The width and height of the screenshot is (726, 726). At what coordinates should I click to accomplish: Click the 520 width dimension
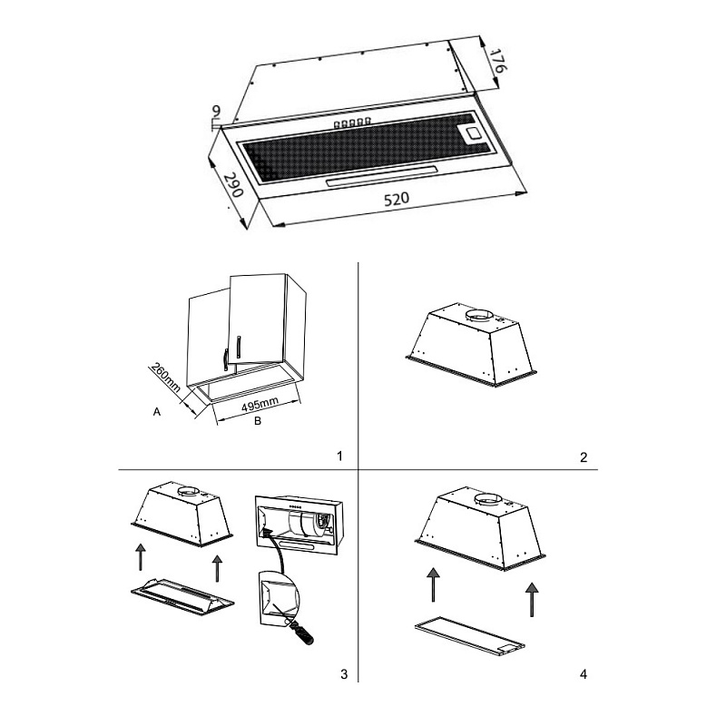click(x=397, y=199)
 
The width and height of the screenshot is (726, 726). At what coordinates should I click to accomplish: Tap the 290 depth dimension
click(x=233, y=185)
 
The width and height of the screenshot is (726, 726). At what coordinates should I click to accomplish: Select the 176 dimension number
click(x=498, y=60)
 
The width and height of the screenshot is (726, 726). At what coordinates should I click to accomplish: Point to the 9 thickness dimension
click(x=216, y=111)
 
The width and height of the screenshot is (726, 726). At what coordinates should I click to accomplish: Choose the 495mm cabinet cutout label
click(x=260, y=406)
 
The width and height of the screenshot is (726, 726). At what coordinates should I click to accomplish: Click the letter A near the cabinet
click(x=157, y=412)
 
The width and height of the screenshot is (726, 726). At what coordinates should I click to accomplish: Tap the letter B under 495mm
click(x=258, y=421)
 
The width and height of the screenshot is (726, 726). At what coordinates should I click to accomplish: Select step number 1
click(x=339, y=456)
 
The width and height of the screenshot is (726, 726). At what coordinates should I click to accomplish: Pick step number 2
click(x=584, y=457)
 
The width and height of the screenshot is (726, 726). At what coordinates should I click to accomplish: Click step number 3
click(x=344, y=674)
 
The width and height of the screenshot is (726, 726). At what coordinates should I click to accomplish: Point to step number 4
click(x=584, y=674)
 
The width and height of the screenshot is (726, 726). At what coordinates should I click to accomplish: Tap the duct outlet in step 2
click(x=479, y=317)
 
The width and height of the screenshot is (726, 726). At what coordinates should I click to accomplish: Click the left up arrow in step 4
click(x=433, y=584)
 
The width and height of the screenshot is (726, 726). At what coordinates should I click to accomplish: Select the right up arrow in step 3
click(x=217, y=569)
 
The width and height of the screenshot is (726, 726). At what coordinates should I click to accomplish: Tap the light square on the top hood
click(x=474, y=133)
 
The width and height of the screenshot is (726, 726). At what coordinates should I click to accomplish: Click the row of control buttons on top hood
click(x=352, y=123)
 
